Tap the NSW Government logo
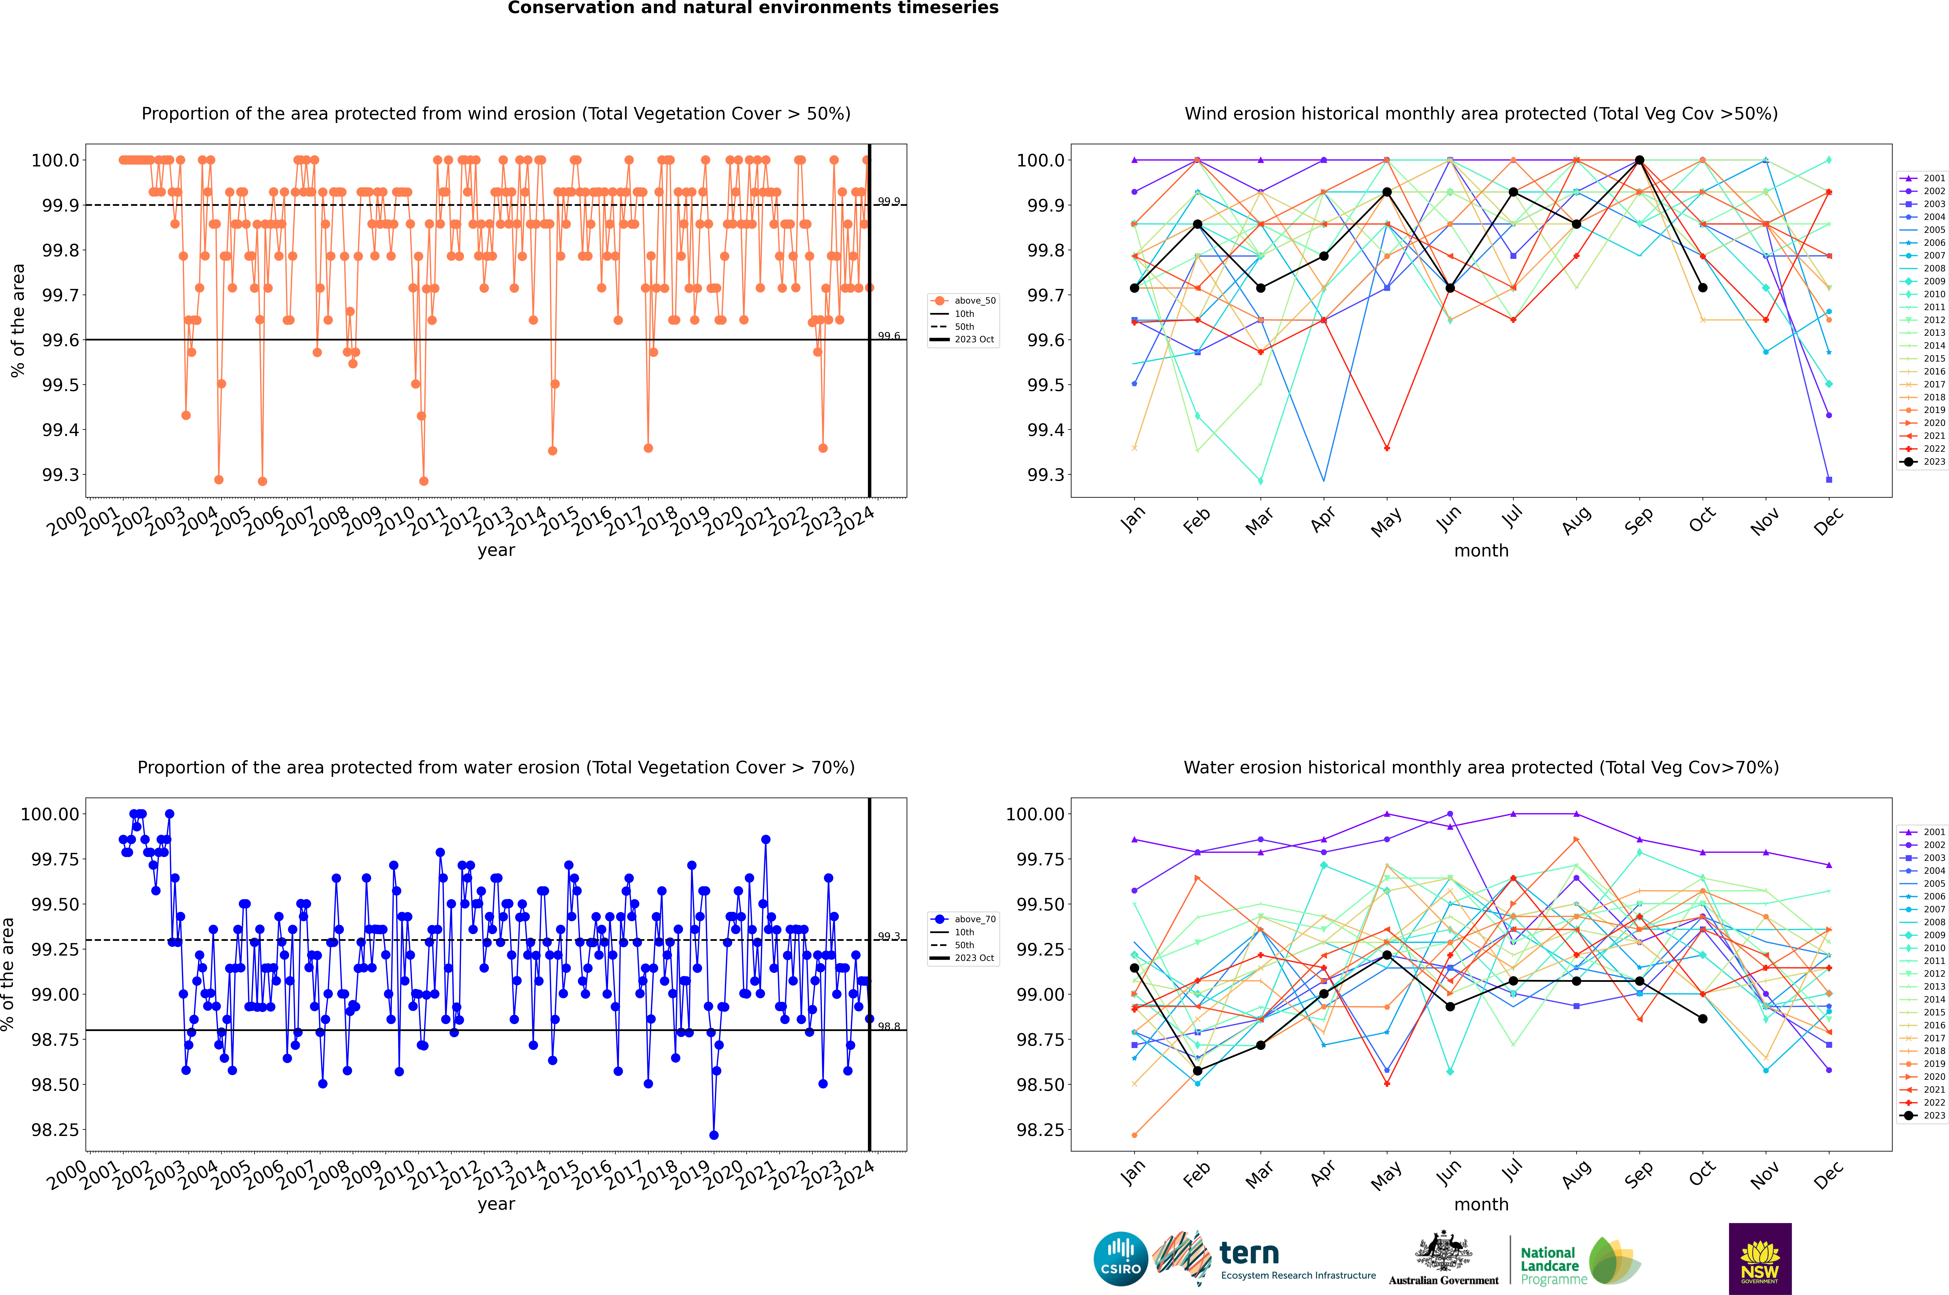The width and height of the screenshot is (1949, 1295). point(1760,1259)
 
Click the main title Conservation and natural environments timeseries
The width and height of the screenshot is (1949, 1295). point(753,8)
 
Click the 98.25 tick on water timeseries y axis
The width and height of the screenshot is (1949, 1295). point(55,1130)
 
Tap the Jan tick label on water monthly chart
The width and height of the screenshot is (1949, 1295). point(1133,1173)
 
